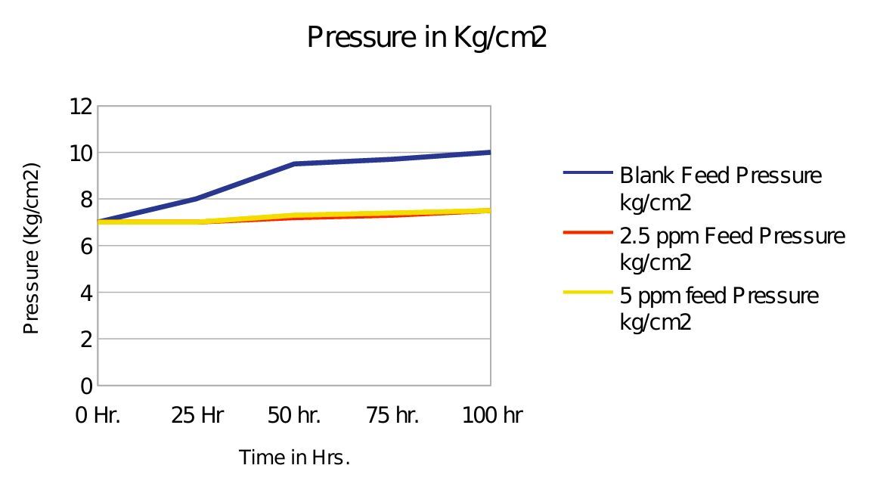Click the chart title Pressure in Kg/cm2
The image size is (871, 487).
coord(426,37)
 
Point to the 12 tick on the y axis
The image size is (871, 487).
coord(81,107)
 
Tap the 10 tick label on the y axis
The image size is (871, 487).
coord(81,153)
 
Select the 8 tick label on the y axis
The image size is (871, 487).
coord(85,200)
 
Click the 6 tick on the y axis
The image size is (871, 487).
coord(85,247)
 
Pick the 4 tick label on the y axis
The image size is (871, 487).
coord(85,293)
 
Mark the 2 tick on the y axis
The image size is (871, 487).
coord(85,340)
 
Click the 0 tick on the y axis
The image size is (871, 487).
coord(85,386)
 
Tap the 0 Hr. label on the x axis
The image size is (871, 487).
coord(98,415)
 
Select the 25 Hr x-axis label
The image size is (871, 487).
coord(197,415)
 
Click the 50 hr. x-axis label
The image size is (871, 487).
coord(294,415)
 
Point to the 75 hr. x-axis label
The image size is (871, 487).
coord(392,415)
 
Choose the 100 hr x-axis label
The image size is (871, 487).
coord(491,415)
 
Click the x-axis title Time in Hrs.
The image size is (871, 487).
coord(295,458)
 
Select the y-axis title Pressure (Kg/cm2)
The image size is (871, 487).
coord(31,249)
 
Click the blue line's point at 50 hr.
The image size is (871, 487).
coord(294,163)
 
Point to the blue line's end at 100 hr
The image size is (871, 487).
coord(490,153)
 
